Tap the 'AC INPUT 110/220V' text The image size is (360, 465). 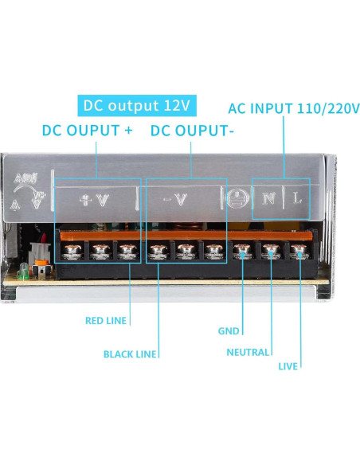(x=293, y=107)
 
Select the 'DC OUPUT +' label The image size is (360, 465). (x=87, y=131)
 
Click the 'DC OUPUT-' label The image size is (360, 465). (x=192, y=131)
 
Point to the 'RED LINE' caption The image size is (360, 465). (x=106, y=322)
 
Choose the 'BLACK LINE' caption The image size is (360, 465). (x=130, y=354)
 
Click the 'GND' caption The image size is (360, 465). (x=229, y=330)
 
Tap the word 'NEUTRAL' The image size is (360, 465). (x=248, y=352)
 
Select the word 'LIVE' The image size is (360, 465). (x=288, y=367)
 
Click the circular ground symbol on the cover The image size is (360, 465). (x=237, y=199)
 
